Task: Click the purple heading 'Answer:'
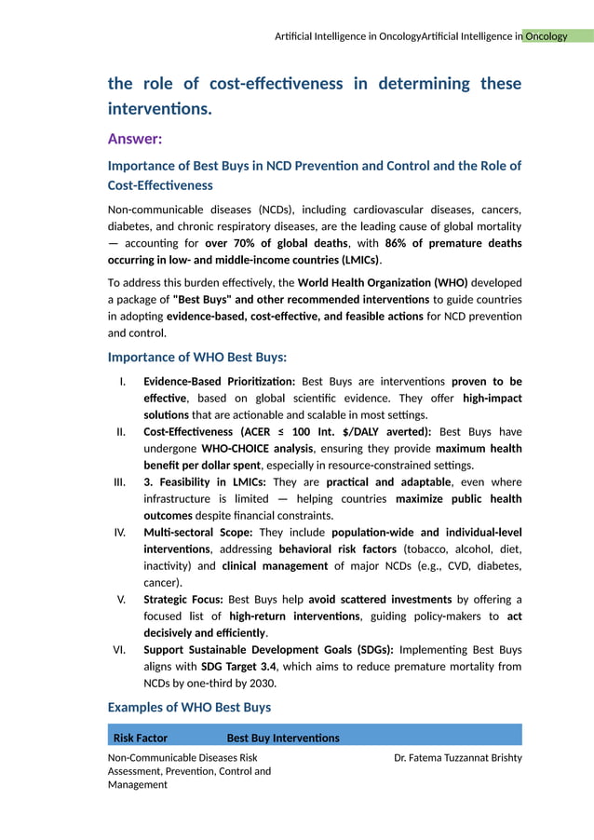point(135,139)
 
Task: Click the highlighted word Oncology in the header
point(546,36)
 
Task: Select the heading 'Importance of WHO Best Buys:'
point(196,357)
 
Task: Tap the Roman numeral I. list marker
point(123,381)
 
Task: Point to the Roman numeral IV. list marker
point(120,533)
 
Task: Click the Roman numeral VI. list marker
point(120,650)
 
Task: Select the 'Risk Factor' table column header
point(141,738)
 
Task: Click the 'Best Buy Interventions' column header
point(283,738)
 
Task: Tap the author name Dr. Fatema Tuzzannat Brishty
point(457,758)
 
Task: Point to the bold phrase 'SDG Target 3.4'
point(238,667)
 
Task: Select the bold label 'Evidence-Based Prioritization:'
point(219,381)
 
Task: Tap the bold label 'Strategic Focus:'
point(183,600)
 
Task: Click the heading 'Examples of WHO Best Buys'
point(189,707)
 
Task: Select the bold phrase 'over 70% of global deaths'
point(276,243)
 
